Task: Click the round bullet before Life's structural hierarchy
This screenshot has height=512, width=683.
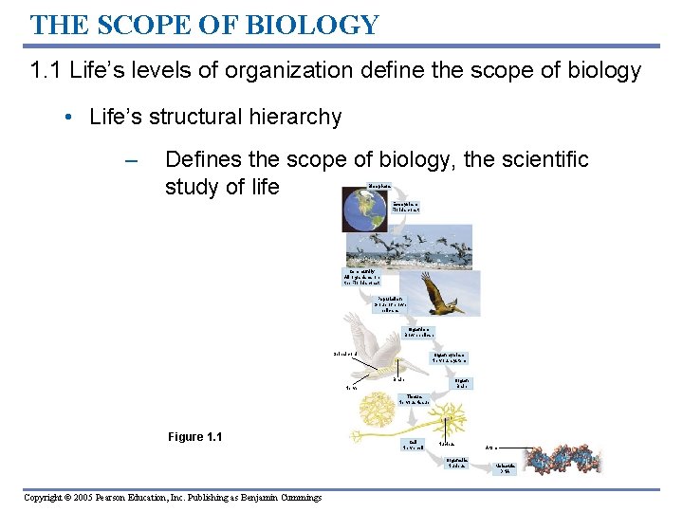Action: click(x=69, y=119)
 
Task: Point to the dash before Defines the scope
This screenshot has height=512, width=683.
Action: click(x=132, y=159)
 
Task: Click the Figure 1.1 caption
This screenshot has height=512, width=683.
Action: click(x=194, y=436)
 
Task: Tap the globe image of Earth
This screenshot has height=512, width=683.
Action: click(x=365, y=211)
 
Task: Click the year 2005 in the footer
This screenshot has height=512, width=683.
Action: click(x=96, y=497)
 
